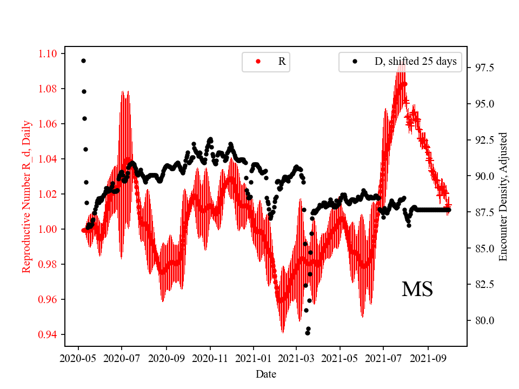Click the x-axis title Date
click(x=266, y=373)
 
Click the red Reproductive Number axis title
click(x=26, y=196)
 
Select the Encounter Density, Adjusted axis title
click(x=503, y=196)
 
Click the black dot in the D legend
click(x=355, y=62)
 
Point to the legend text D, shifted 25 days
click(x=415, y=62)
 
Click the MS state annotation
click(x=417, y=290)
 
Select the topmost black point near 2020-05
click(x=83, y=61)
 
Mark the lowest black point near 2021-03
click(x=307, y=333)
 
